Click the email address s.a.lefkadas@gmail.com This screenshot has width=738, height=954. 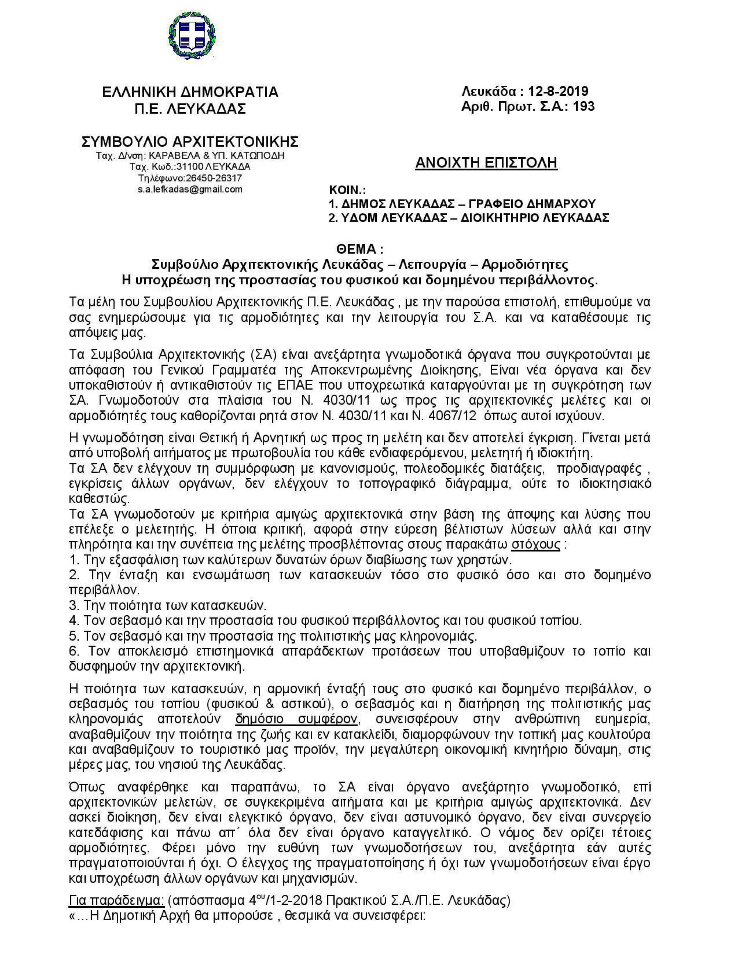pos(190,189)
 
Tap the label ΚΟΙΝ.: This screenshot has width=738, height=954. pos(347,191)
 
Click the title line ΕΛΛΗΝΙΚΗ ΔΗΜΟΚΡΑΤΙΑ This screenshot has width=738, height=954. pos(190,92)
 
